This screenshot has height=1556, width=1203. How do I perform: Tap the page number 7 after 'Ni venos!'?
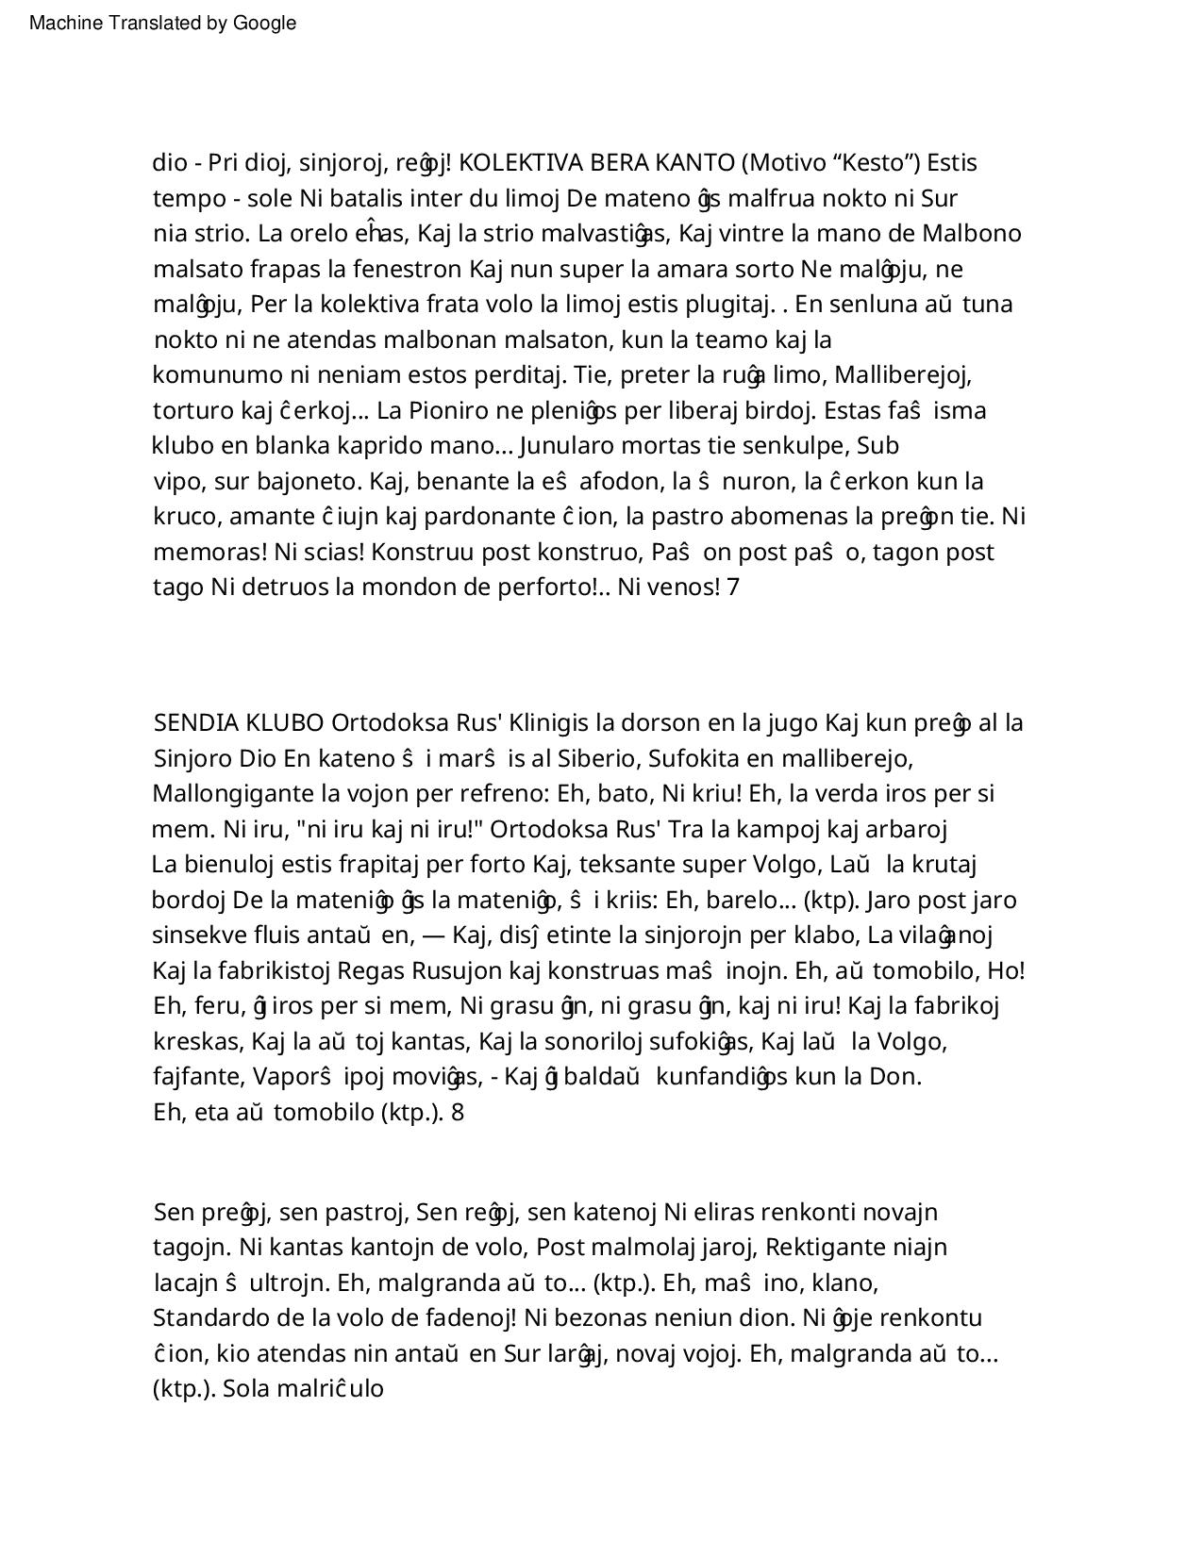[733, 588]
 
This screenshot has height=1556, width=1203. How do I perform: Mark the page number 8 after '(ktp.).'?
[458, 1113]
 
